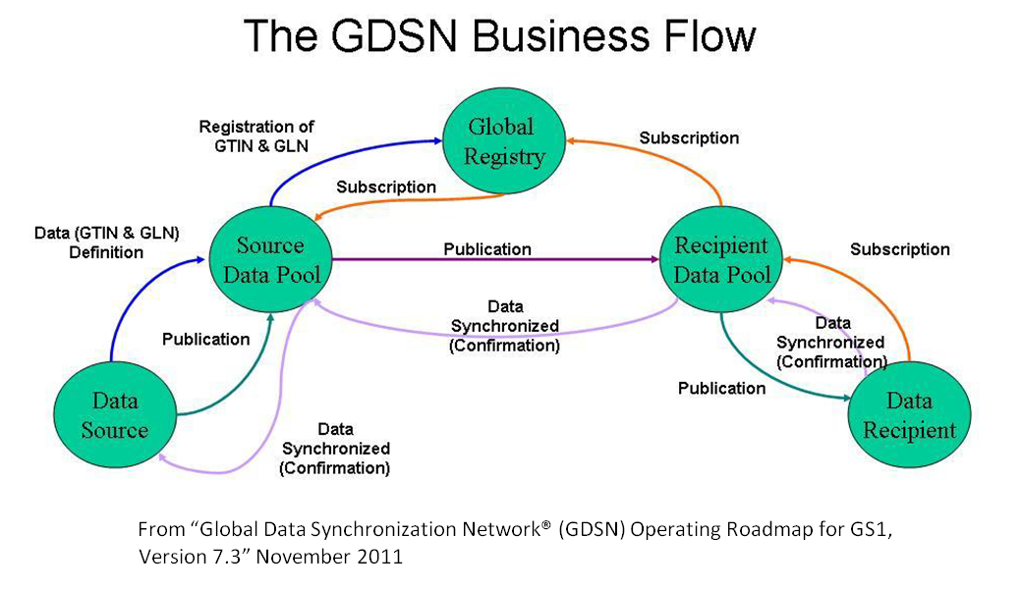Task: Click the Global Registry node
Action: tap(500, 140)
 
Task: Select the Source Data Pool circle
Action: tap(270, 259)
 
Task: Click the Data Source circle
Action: tap(115, 414)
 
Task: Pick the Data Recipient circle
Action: tap(908, 415)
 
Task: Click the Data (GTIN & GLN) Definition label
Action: tap(105, 242)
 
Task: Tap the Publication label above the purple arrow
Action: tap(486, 248)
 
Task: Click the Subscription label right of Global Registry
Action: tap(689, 137)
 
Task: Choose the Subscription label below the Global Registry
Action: tap(386, 187)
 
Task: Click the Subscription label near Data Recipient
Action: tap(900, 248)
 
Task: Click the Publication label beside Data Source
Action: tap(205, 339)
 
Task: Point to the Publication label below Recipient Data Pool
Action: tap(721, 388)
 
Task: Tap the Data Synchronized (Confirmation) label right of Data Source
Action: tap(335, 449)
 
